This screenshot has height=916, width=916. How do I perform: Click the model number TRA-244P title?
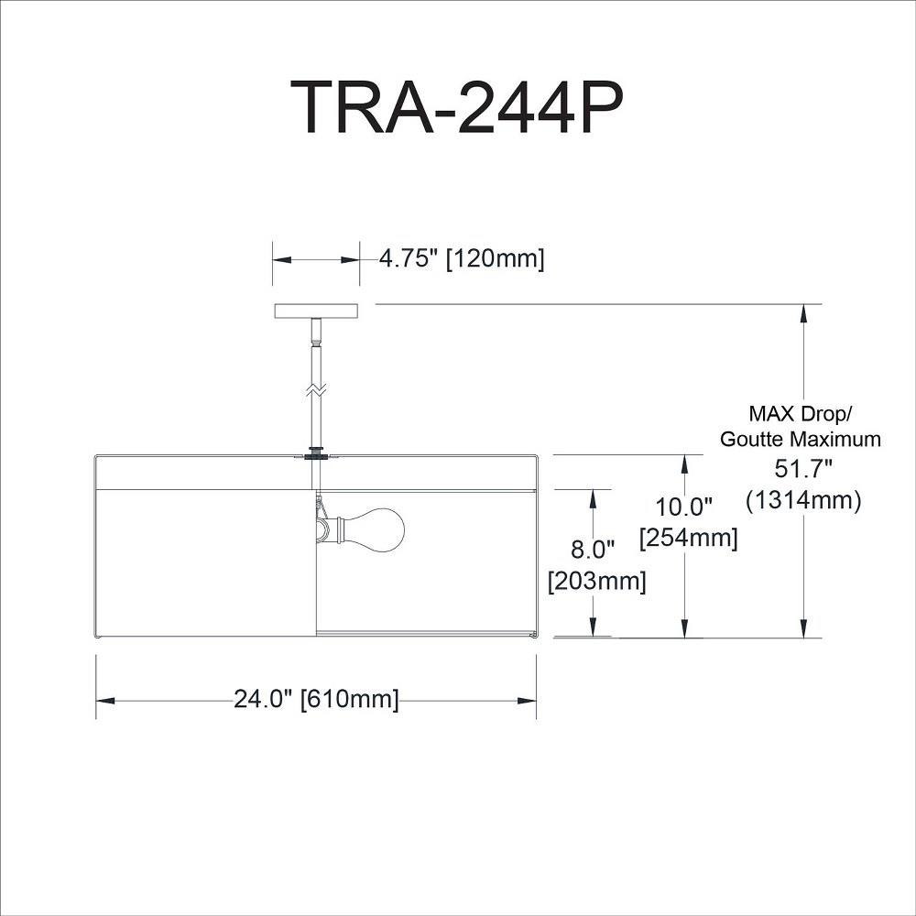click(457, 106)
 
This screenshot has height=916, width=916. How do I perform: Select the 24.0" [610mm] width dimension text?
click(316, 699)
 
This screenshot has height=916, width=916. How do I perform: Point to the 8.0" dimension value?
click(593, 549)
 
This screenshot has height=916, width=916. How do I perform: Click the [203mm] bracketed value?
click(597, 581)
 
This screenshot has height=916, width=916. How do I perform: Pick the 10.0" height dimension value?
click(683, 507)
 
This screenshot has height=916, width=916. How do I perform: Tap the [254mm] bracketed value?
click(689, 538)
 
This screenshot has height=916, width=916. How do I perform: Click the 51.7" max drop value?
click(802, 468)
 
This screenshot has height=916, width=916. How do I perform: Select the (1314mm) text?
click(803, 500)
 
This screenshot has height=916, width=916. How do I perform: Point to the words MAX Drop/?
click(801, 414)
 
